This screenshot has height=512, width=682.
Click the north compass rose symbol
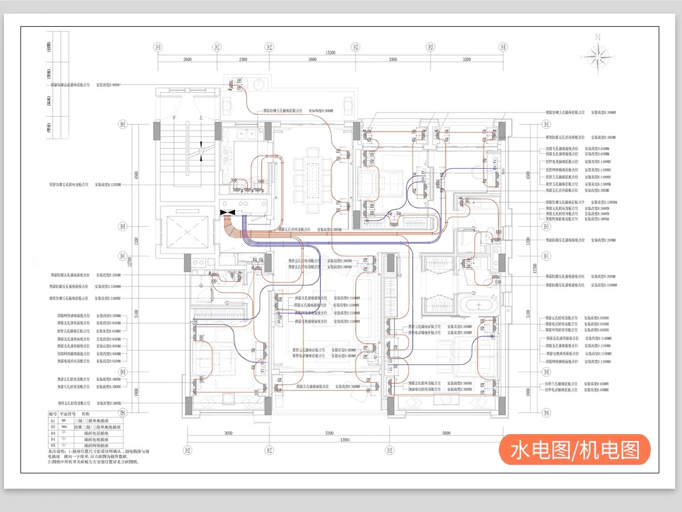coord(597,56)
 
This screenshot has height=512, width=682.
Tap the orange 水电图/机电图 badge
coord(574,449)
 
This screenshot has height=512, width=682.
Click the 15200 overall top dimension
coord(330,53)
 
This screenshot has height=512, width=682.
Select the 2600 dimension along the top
coord(188,60)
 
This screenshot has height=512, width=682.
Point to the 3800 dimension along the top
coord(312,60)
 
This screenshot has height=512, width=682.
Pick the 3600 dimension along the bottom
coord(228,434)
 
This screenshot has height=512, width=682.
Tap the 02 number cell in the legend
coord(53,426)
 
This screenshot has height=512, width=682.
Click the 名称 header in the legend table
coord(86,414)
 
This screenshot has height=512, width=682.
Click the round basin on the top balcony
coord(259,85)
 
